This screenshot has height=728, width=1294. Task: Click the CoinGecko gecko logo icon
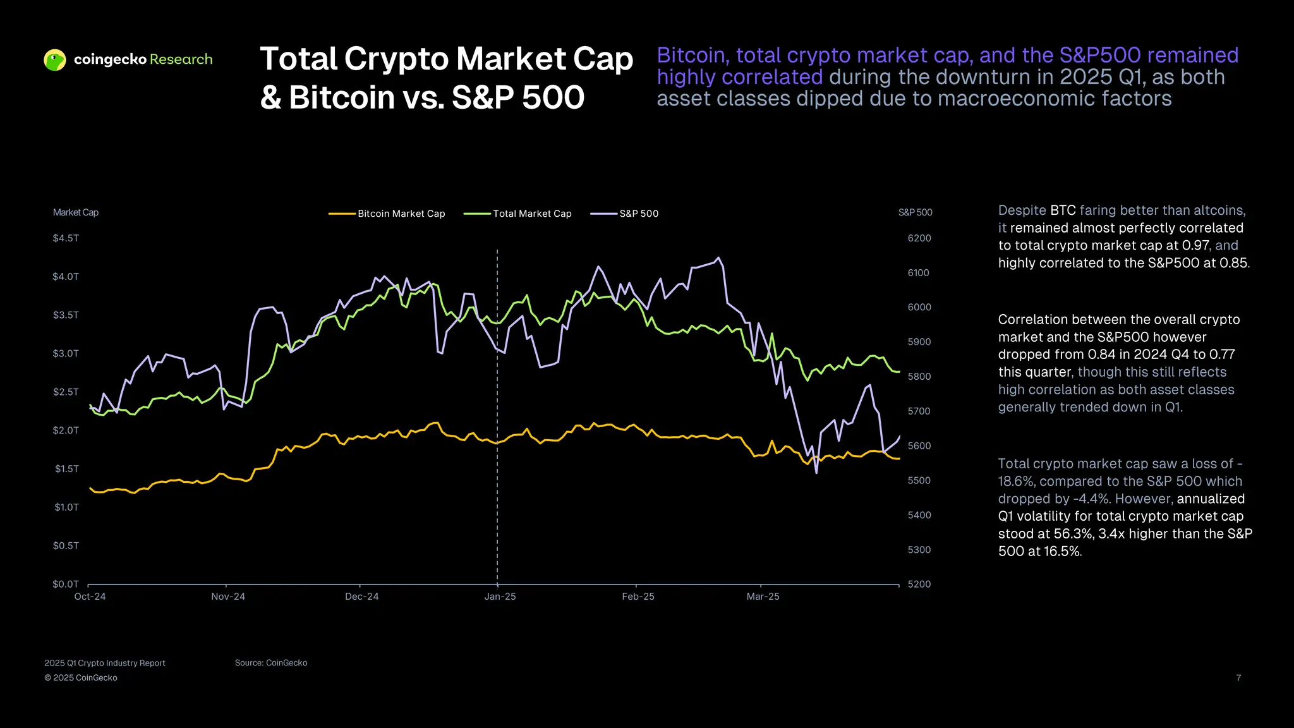(x=55, y=60)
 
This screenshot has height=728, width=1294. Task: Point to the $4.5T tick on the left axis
(x=66, y=238)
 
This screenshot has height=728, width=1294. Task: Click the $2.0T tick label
(x=66, y=430)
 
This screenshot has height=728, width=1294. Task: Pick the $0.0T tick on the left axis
(x=66, y=584)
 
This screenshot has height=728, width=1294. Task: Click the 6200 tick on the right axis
(x=919, y=238)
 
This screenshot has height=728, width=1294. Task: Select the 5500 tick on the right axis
(x=919, y=480)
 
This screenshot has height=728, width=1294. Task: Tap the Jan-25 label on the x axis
(x=500, y=597)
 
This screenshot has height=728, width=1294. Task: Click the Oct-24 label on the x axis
(x=90, y=597)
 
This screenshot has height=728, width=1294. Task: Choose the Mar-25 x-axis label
(x=763, y=597)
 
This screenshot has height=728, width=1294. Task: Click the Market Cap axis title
(x=76, y=212)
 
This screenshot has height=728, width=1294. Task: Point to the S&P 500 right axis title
(x=915, y=212)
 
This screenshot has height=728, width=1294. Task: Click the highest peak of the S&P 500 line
(x=718, y=258)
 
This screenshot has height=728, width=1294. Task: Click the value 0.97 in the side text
(x=1195, y=245)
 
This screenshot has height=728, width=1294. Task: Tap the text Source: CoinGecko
(x=271, y=663)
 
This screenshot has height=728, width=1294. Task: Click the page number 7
(x=1238, y=677)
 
